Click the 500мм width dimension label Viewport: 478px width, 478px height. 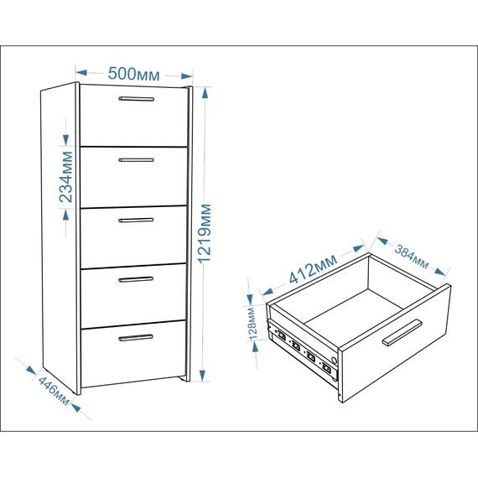tap(133, 74)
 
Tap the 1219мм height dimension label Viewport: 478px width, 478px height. tap(205, 233)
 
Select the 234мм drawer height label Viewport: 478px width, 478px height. tap(66, 177)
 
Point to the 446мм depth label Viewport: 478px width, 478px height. tap(54, 391)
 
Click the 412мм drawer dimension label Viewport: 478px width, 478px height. tap(313, 269)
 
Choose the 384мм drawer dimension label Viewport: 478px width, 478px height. tap(411, 257)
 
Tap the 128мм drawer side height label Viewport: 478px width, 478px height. tap(252, 324)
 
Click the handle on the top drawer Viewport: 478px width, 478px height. tap(136, 99)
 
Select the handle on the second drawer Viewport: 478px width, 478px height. tap(136, 159)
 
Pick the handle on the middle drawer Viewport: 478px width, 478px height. tap(136, 220)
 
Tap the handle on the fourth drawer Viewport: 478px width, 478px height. tap(136, 279)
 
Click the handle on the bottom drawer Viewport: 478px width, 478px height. tap(136, 337)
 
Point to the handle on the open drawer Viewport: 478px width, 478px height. tap(402, 333)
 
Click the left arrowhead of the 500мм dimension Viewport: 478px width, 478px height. tap(81, 73)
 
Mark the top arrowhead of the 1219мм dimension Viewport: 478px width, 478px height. tap(205, 93)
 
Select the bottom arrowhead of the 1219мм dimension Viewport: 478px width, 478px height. tap(202, 375)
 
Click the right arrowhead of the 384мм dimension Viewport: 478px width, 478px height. tap(440, 272)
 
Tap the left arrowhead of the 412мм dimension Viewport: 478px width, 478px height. tap(268, 292)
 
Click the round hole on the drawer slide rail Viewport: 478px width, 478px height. tap(334, 361)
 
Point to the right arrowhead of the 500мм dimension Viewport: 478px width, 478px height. tap(187, 76)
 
